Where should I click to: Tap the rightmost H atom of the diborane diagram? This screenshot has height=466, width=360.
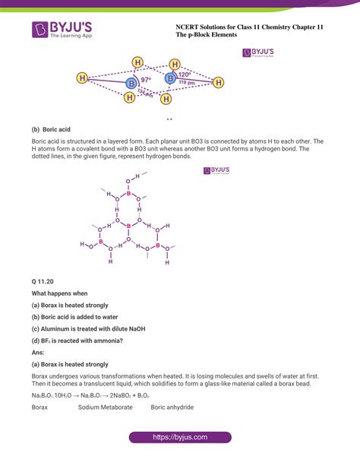219,82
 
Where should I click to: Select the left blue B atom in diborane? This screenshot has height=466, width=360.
131,82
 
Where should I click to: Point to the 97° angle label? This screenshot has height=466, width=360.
145,79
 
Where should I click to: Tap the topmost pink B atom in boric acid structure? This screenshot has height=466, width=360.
128,194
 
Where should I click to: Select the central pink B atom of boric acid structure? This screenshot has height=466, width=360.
128,226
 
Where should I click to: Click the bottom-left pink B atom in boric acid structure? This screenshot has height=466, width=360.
100,243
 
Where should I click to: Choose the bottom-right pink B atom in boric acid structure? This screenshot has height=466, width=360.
157,246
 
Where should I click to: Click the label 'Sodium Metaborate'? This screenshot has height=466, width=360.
106,407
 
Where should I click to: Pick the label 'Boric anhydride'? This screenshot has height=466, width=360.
172,407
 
